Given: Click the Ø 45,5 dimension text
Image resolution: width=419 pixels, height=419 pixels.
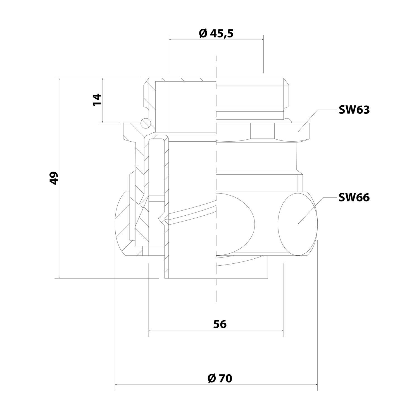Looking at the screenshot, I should [x=216, y=34].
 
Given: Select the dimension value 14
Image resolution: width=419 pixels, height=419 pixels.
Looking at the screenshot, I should [x=97, y=100].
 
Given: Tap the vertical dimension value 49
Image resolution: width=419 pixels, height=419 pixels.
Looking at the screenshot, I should [x=54, y=178].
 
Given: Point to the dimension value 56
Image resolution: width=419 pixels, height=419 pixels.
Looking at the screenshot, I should [x=220, y=324].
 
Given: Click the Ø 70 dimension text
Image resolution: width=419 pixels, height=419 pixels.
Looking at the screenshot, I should [x=220, y=378].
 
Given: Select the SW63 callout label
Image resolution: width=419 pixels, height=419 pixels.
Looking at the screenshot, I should [x=354, y=110].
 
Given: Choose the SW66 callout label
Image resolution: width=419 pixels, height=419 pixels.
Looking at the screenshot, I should [x=354, y=197].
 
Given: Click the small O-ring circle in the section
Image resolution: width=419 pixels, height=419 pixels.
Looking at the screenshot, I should [x=145, y=123].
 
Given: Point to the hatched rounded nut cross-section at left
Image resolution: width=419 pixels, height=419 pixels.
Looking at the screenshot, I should [x=123, y=223].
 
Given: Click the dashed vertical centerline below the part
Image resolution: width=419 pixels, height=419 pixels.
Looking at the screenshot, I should [x=216, y=291].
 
